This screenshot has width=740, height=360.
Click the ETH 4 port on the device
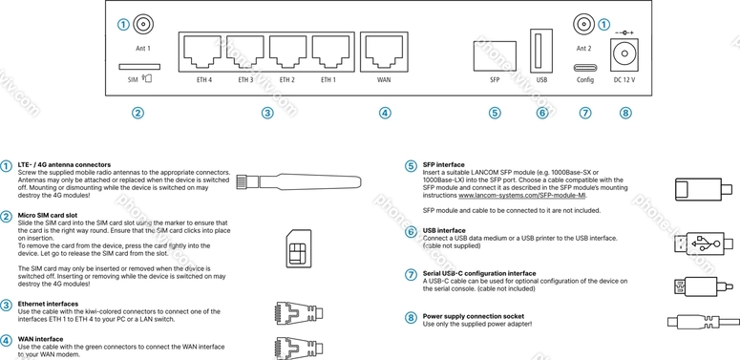point(201,52)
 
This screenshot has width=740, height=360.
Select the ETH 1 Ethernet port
point(331,52)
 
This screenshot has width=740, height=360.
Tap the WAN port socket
point(385,52)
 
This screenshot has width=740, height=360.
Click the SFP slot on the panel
point(495,56)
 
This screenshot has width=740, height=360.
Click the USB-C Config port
point(585,67)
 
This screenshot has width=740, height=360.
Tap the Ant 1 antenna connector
point(142,24)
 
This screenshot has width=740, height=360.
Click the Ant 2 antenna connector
point(583,24)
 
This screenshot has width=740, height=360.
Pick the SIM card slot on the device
point(139,67)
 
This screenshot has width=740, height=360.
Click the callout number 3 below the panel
point(267,113)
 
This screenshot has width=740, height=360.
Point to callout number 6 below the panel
point(541,113)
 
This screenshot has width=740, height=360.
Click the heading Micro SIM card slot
point(48,215)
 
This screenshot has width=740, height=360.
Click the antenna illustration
point(299,182)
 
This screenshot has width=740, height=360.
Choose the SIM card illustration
point(299,248)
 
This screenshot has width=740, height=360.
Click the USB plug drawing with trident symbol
point(703,244)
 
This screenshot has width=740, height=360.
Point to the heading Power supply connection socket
point(474,316)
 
